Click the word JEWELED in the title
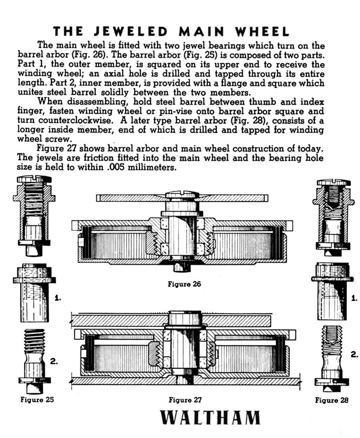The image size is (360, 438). pyautogui.click(x=131, y=31)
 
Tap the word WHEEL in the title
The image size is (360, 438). pyautogui.click(x=262, y=31)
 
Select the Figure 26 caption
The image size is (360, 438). pyautogui.click(x=184, y=284)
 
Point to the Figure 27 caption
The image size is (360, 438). pyautogui.click(x=185, y=399)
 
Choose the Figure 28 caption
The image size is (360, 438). pyautogui.click(x=331, y=400)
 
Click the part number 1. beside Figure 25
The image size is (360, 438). pyautogui.click(x=57, y=298)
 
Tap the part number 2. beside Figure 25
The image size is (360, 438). pyautogui.click(x=54, y=361)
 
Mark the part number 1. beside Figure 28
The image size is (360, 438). pyautogui.click(x=355, y=298)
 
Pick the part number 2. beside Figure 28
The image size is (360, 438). pyautogui.click(x=355, y=355)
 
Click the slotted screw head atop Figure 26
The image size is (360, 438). pyautogui.click(x=182, y=196)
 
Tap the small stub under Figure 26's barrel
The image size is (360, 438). pyautogui.click(x=182, y=267)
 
